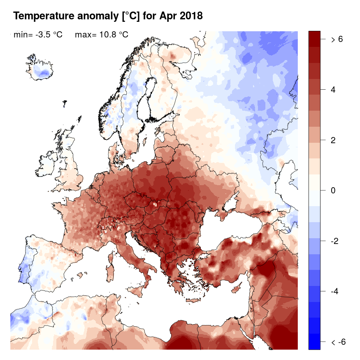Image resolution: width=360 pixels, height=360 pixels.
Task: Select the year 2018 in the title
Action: coord(191,16)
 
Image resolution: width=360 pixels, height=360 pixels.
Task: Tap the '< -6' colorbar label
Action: coord(337,342)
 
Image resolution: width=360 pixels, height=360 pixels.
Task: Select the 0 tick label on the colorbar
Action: coord(334,190)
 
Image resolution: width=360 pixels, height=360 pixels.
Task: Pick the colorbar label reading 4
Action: coord(334,90)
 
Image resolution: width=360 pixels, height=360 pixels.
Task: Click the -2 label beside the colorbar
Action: coord(335,241)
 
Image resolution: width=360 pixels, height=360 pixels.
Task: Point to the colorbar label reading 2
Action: coord(334,140)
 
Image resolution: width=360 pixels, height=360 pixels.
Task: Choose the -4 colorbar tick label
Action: coord(335,292)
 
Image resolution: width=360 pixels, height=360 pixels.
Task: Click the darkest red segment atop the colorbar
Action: coord(314,39)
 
